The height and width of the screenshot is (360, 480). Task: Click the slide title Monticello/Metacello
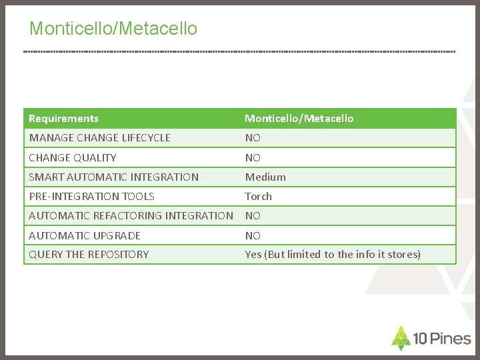113,29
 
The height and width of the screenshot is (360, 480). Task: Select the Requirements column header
63,119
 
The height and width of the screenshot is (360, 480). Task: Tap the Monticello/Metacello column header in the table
299,119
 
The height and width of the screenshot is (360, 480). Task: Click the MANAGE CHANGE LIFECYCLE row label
99,138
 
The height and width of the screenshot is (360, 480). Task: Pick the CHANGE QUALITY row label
72,157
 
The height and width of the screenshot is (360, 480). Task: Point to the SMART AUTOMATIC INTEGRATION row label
113,177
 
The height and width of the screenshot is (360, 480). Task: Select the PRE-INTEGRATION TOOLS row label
91,196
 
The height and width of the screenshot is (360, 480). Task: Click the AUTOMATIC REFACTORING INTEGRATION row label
131,215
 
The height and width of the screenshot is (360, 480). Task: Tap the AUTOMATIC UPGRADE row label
85,235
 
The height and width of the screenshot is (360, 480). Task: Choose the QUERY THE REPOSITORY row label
89,254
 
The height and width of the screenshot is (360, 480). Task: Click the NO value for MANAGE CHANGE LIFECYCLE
253,138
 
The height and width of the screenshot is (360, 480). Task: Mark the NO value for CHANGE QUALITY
253,157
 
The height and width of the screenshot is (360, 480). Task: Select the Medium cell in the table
265,177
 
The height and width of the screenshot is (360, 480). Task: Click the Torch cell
259,196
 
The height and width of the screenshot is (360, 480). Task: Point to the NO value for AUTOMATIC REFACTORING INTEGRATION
253,215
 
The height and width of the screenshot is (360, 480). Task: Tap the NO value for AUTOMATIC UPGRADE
253,235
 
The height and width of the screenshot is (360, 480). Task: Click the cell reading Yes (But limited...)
333,254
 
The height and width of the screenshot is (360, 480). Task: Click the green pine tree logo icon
401,338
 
